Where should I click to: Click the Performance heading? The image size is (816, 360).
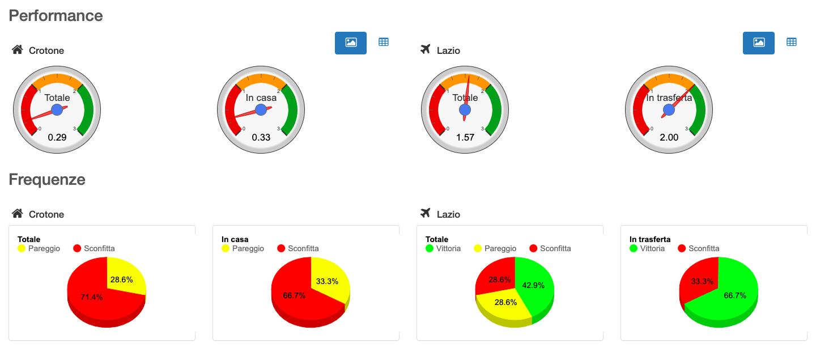(x=56, y=15)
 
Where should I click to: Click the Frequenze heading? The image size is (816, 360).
(x=47, y=180)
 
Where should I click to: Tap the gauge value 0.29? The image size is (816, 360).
(x=57, y=137)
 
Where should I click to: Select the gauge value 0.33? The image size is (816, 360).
(x=261, y=137)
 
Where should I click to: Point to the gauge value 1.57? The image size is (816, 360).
(x=465, y=137)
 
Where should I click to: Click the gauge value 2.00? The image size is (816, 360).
(x=669, y=137)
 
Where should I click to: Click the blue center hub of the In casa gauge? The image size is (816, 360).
(x=261, y=109)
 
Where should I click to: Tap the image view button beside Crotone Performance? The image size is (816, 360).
(x=351, y=43)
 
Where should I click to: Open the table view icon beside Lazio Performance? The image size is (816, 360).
(x=792, y=42)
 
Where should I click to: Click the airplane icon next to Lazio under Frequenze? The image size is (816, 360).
(x=426, y=213)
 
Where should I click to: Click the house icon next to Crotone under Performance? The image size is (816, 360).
(x=17, y=50)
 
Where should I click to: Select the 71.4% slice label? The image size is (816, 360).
(x=92, y=297)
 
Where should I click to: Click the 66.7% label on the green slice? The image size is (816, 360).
(x=735, y=295)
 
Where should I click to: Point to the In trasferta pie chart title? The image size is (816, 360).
(x=649, y=239)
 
